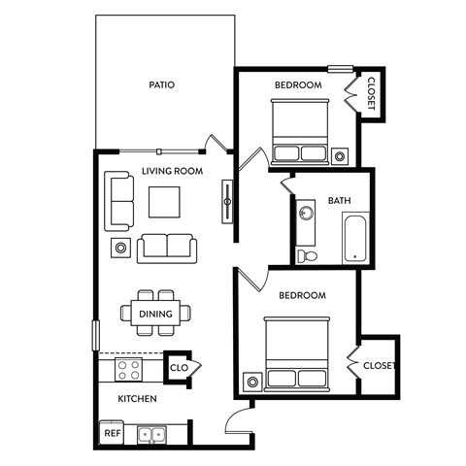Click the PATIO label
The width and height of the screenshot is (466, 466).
(162, 84)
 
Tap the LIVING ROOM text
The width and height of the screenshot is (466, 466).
(172, 171)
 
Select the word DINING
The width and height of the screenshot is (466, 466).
(155, 314)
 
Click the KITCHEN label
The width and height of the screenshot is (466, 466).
(138, 399)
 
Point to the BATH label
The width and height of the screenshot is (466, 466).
(340, 201)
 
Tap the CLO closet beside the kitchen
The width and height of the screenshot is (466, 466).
(180, 368)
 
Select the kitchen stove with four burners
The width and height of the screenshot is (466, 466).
(130, 369)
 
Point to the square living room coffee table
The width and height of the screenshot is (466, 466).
(164, 202)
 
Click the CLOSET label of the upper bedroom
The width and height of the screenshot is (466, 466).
(371, 95)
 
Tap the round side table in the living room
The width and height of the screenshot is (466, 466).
(121, 248)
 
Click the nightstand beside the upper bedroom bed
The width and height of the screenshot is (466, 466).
(341, 155)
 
